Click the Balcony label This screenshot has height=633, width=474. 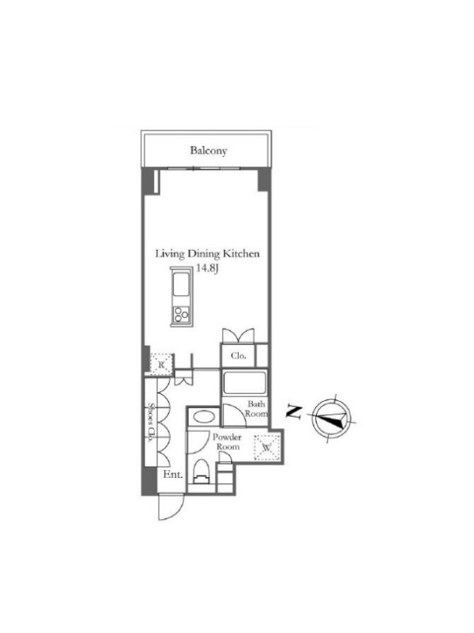coord(209,150)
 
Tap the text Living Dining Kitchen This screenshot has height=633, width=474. coord(208,254)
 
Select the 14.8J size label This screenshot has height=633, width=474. coord(207,268)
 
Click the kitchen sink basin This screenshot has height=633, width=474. coord(181,285)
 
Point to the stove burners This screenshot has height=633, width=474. coord(181,314)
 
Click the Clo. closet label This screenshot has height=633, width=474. coord(238,355)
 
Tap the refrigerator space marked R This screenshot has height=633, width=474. coord(162,365)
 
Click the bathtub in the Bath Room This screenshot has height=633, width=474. coord(244,383)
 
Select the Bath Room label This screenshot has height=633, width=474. coord(256,408)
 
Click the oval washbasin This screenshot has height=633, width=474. coord(204,417)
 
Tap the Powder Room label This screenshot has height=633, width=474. coord(228,442)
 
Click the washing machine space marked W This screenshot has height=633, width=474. coord(265,447)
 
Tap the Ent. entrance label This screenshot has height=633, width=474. coord(173,475)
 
